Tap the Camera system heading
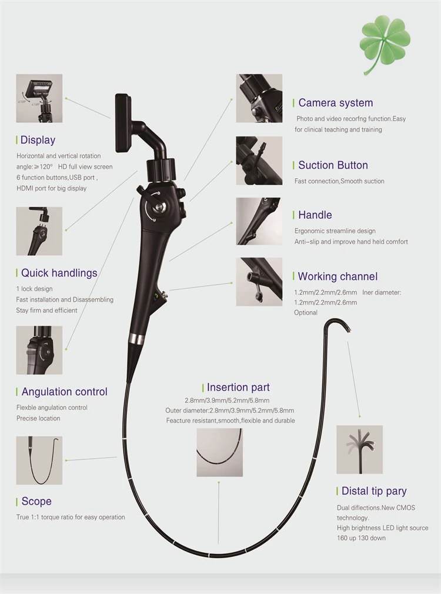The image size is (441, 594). [x=335, y=103]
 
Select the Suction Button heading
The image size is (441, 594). [x=333, y=165]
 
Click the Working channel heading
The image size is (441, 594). [x=338, y=276]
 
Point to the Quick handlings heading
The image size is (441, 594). [x=59, y=273]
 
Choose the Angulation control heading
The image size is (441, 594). [x=64, y=392]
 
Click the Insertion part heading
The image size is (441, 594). [x=238, y=388]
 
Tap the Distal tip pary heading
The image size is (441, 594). [x=374, y=491]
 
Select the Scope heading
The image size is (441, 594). [x=36, y=502]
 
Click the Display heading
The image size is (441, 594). [x=38, y=140]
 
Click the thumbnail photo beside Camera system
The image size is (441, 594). [x=259, y=98]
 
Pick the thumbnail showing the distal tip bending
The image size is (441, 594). [x=359, y=450]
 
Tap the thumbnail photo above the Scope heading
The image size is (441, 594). [x=39, y=460]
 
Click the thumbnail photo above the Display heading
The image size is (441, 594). [x=39, y=98]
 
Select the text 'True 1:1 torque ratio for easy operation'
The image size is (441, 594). [x=71, y=518]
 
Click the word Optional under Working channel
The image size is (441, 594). [x=306, y=313]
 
